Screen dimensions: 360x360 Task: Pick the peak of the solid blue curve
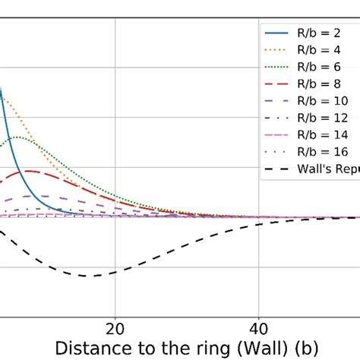tap(2, 90)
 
